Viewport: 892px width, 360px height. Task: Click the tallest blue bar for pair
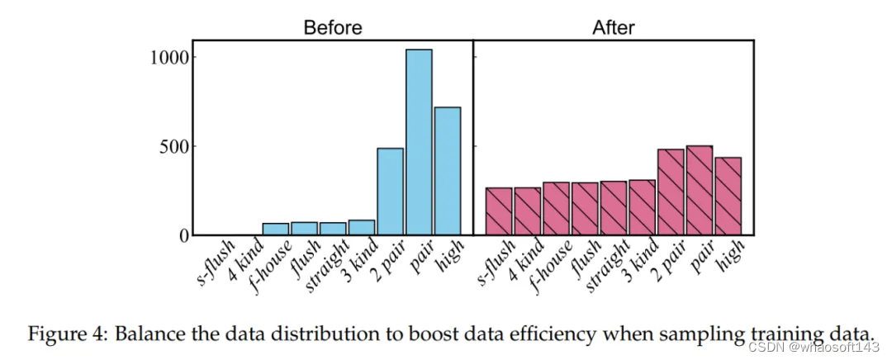coord(419,142)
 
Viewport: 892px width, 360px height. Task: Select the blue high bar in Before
coord(447,171)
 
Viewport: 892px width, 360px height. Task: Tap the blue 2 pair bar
coord(390,192)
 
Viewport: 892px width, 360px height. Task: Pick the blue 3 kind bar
coord(362,227)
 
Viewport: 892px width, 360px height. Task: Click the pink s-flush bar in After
coord(499,211)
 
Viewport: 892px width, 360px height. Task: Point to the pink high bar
coord(728,197)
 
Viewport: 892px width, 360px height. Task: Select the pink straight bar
coord(613,208)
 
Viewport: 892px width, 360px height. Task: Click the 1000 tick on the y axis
coord(172,58)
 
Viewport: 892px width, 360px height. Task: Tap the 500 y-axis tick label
coord(177,146)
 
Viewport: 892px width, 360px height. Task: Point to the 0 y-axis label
coord(185,235)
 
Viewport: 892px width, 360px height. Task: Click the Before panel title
coord(333,27)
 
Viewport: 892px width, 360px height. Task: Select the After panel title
coord(614,27)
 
